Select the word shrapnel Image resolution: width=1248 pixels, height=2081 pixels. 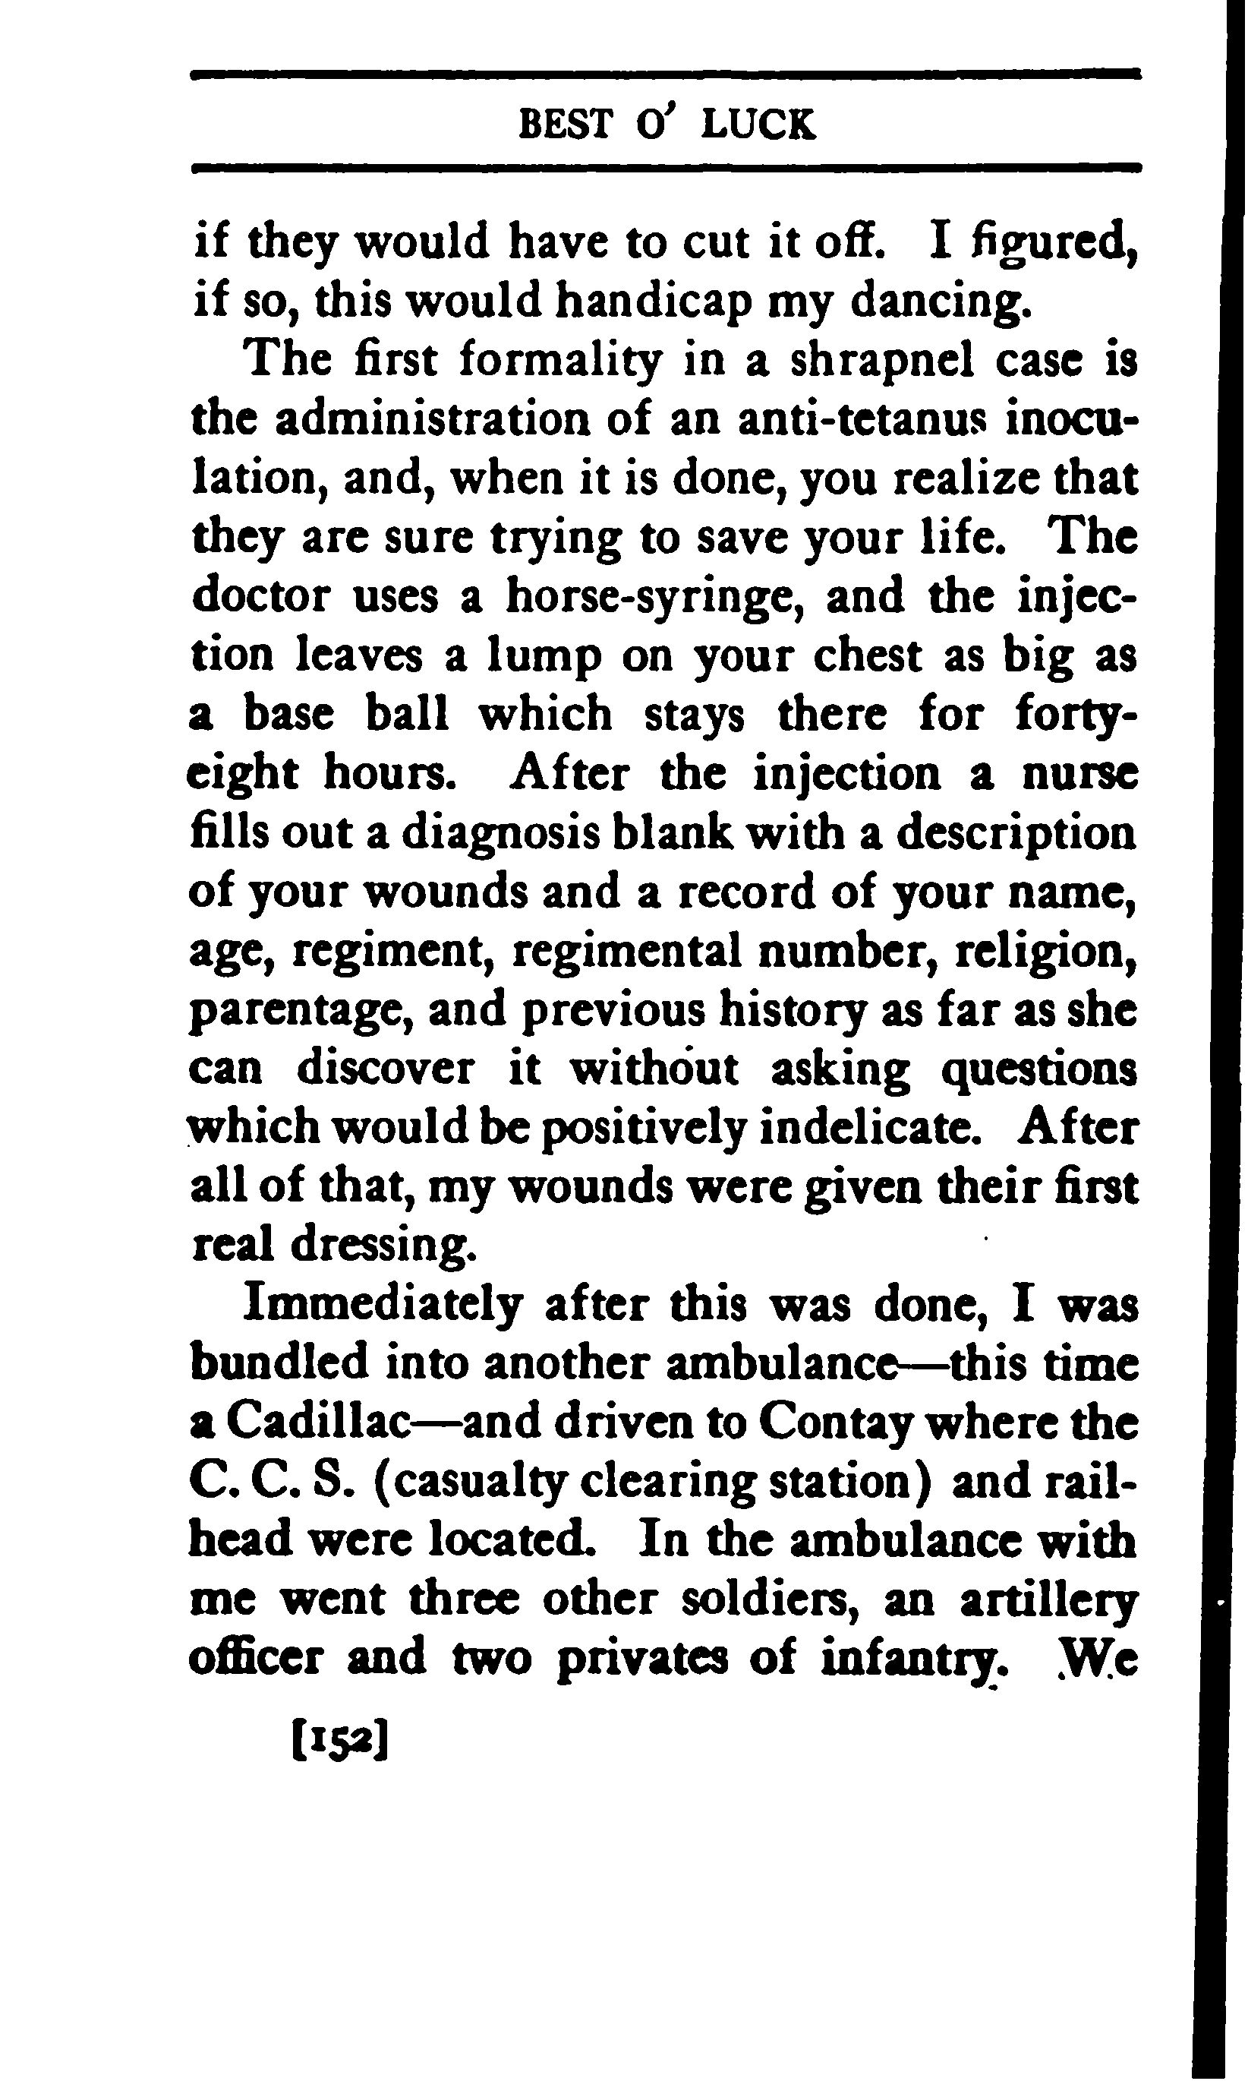pos(882,361)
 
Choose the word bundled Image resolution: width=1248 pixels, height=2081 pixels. pos(280,1363)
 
